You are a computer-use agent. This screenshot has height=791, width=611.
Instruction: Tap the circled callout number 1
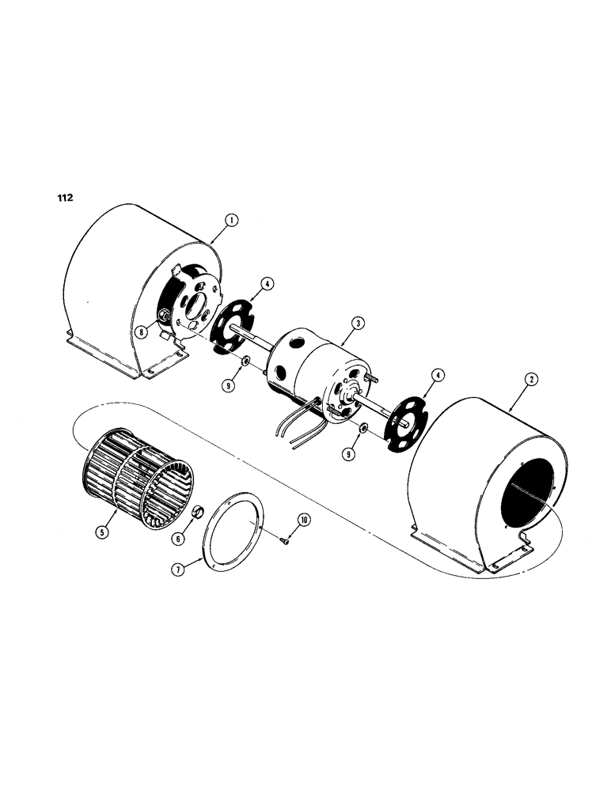point(230,222)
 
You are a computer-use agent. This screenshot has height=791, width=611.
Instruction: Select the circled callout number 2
point(531,380)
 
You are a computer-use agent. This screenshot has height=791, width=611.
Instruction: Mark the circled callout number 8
point(140,333)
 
